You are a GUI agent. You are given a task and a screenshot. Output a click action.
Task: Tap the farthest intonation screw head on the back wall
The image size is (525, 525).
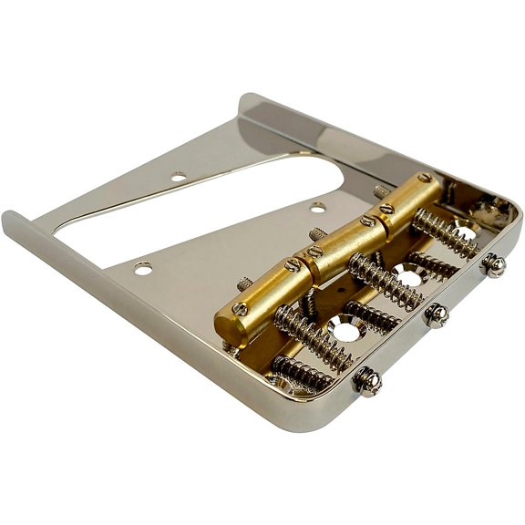494,265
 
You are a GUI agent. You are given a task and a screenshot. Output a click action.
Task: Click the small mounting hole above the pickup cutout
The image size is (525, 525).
179,175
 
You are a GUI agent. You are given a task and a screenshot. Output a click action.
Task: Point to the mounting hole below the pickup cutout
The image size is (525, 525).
144,268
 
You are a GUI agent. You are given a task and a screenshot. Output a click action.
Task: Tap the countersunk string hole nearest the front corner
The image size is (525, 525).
347,330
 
